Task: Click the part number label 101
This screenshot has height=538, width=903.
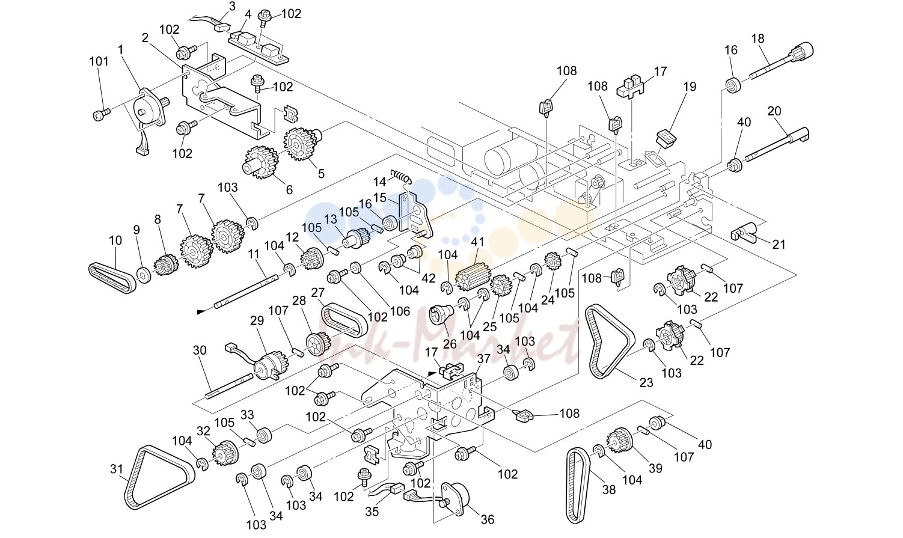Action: point(99,62)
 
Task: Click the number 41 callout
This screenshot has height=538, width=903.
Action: point(477,242)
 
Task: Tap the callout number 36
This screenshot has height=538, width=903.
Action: point(488,520)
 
